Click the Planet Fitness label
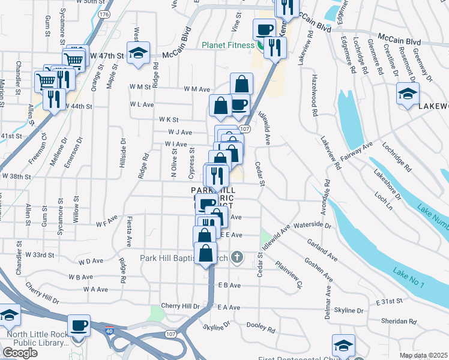229,44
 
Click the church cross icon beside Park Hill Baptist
238,258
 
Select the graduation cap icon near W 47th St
138,54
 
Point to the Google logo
20,353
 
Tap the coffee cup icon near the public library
79,326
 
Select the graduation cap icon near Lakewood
408,94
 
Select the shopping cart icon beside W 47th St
74,59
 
